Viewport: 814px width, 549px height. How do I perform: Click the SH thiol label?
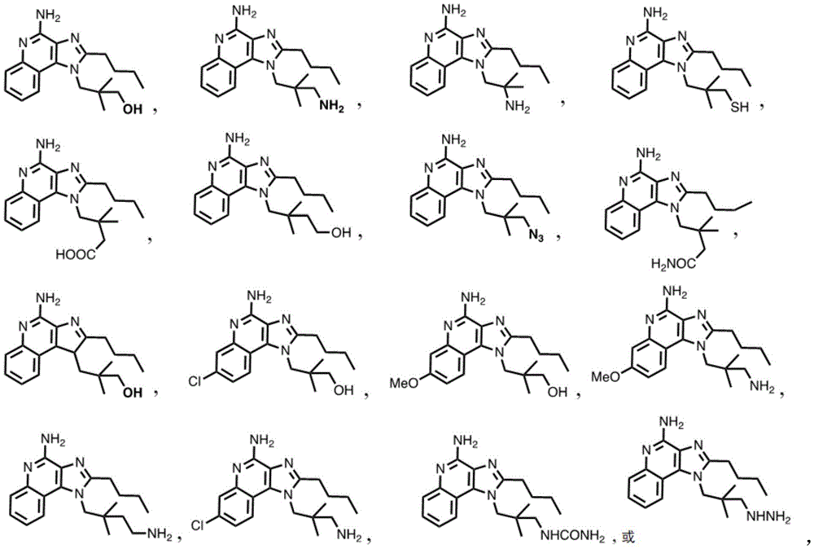[739, 108]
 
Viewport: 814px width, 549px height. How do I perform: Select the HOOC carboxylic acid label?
[76, 254]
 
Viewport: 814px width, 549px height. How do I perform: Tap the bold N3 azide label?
[536, 236]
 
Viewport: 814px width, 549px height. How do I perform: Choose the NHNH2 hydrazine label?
[769, 516]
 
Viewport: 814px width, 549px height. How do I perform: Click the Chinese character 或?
[628, 537]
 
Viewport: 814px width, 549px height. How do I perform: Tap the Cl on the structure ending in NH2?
[199, 525]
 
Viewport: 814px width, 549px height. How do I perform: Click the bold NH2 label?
[331, 107]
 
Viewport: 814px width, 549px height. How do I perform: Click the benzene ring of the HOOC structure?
[22, 213]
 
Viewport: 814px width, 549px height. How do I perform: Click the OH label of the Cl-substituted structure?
[344, 389]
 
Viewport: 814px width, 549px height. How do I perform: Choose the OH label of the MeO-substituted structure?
[557, 392]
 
